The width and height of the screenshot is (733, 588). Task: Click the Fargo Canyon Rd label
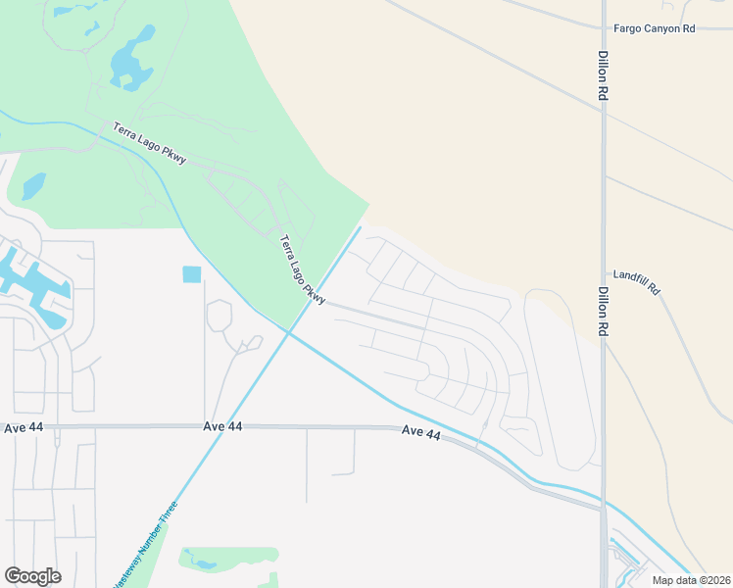654,29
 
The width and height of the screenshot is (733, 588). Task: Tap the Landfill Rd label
637,285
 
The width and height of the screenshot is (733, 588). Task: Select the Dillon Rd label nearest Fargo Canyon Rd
604,75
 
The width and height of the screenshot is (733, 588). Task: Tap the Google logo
32,576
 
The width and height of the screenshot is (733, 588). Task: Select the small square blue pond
191,275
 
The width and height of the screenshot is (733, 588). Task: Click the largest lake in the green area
132,59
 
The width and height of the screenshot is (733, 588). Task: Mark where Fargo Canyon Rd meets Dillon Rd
604,28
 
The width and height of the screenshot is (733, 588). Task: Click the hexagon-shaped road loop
220,316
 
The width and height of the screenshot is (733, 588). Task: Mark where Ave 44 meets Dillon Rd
603,507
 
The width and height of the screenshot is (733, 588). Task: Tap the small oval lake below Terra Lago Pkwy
33,184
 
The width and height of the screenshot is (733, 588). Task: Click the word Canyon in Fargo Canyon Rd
656,29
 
